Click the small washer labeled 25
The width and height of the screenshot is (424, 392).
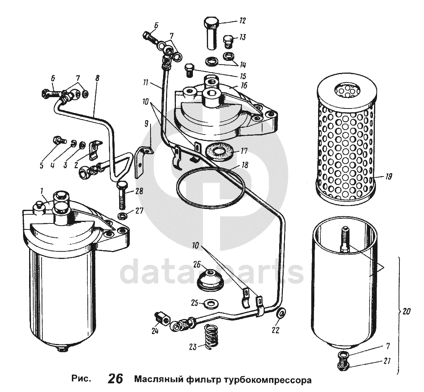click(x=209, y=303)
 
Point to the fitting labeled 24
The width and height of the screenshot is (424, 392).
click(x=163, y=319)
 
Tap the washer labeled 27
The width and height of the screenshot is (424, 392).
click(x=122, y=217)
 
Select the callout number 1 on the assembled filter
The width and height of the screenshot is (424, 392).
click(x=41, y=190)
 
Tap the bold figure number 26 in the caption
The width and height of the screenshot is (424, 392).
click(x=116, y=379)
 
